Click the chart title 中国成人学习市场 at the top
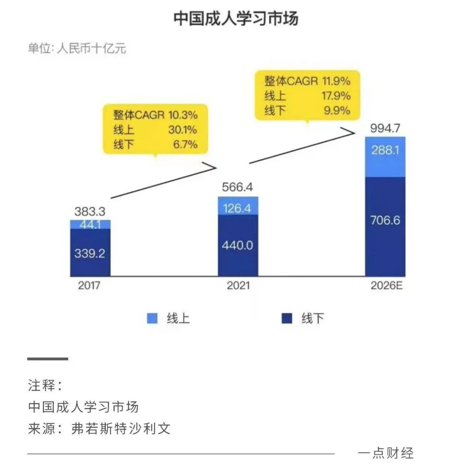pos(236,19)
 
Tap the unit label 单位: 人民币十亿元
pos(77,48)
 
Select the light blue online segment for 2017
pos(90,224)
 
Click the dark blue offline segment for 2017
pos(90,252)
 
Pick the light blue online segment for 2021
pos(238,206)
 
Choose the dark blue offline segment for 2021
pos(238,245)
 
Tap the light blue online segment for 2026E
pos(385,157)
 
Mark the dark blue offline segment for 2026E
pos(385,226)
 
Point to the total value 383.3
pos(90,211)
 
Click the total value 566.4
pos(237,187)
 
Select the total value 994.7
pos(385,128)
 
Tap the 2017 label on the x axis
pos(89,286)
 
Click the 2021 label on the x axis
pos(238,286)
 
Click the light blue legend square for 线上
pos(152,318)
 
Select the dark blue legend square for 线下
pos(287,318)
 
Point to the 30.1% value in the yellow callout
pos(182,130)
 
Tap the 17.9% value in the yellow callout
pos(336,96)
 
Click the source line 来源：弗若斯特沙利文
pos(99,429)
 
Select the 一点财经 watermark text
pos(385,453)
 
